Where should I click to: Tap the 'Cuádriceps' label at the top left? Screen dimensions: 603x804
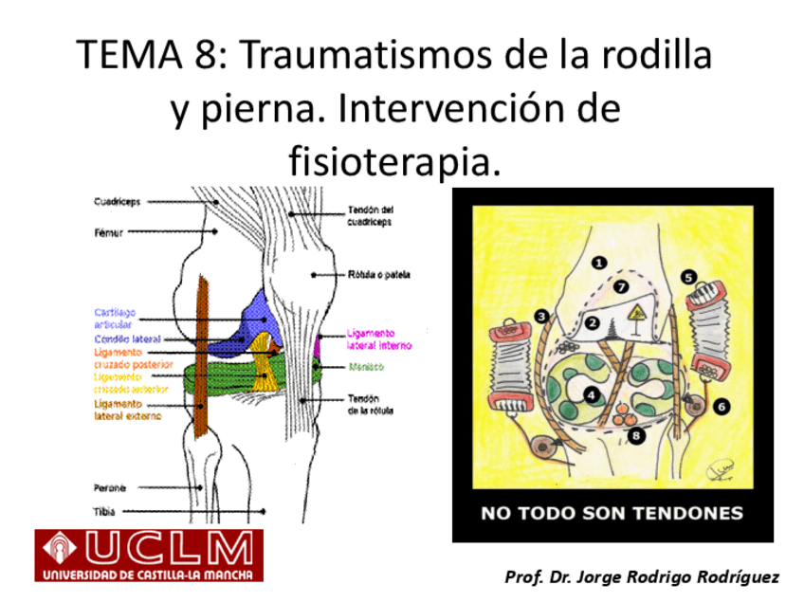[x=118, y=201]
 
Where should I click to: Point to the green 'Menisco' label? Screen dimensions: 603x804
[x=365, y=366]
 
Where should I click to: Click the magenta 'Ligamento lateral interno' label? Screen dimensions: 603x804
[x=378, y=340]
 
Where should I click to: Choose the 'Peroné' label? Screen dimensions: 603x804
[x=110, y=488]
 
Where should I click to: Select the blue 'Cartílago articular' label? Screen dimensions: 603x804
[x=115, y=318]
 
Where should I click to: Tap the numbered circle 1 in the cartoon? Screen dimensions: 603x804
[x=599, y=261]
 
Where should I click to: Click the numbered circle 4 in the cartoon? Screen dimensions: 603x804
[x=593, y=394]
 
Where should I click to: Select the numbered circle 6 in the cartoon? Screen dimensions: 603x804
[x=722, y=406]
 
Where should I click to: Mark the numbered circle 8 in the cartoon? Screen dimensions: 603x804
[x=634, y=435]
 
